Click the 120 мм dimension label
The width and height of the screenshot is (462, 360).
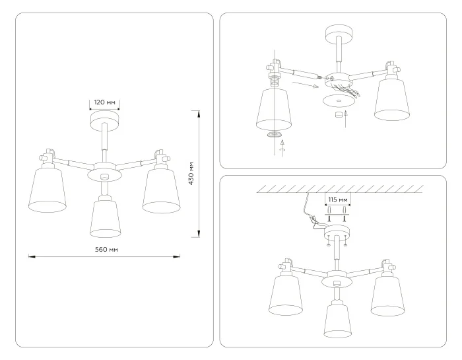(x=105, y=103)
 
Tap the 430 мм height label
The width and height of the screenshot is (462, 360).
(x=191, y=173)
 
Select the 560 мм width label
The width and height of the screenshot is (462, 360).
(x=106, y=249)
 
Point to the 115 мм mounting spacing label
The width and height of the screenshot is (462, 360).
(x=337, y=198)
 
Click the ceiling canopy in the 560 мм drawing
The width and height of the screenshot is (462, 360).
(x=104, y=122)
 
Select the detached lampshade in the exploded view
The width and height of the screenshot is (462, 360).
(x=273, y=108)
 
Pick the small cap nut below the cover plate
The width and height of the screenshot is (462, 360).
(x=338, y=115)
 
